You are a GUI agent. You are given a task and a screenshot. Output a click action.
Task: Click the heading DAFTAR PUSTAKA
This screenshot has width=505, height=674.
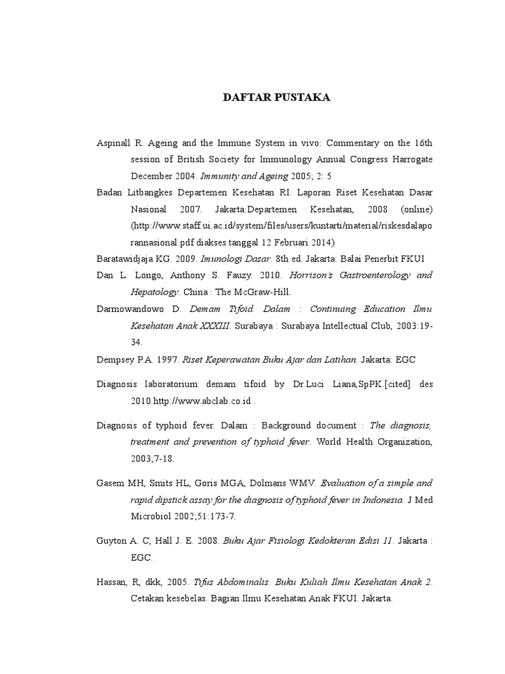277,98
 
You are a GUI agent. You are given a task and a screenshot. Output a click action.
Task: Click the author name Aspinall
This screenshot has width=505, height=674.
113,142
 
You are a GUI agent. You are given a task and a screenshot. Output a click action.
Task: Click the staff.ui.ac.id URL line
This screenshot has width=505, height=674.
282,226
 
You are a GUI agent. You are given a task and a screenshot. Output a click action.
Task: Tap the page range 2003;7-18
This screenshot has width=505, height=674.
153,459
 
